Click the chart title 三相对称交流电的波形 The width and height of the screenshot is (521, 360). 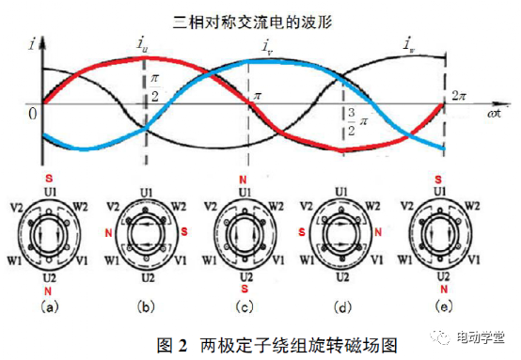[260, 18]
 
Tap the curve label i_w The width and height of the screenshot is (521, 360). [409, 43]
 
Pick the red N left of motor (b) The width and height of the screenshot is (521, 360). [110, 230]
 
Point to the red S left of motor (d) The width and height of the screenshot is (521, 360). [302, 230]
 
